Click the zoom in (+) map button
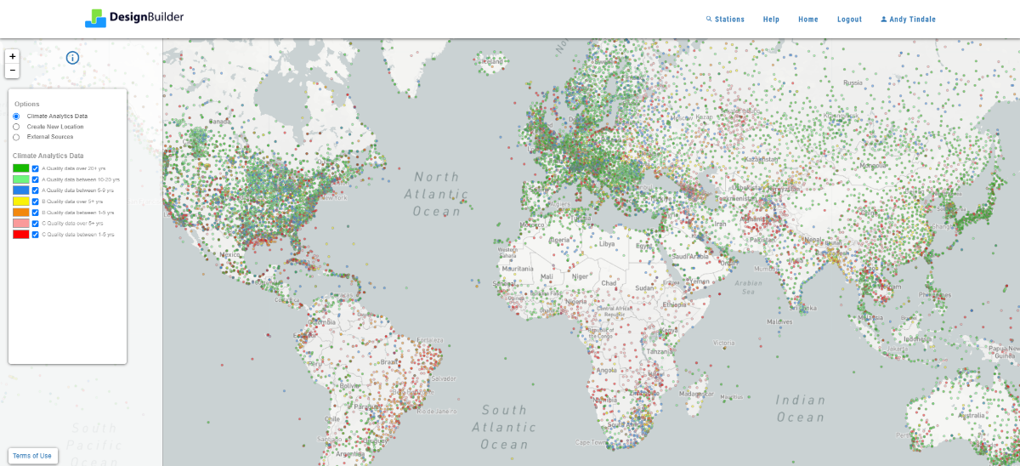click(13, 56)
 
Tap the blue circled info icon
click(72, 58)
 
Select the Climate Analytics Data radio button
click(16, 116)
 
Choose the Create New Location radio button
click(16, 127)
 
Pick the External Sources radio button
click(16, 137)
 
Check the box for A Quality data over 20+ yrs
click(36, 168)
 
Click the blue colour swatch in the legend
click(21, 190)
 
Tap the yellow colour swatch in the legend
click(21, 202)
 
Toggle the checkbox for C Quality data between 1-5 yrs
click(36, 234)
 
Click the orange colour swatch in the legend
click(21, 213)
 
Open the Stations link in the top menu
click(725, 20)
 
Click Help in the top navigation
click(771, 20)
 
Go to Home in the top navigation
click(807, 20)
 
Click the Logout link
click(849, 20)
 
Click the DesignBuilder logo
click(134, 17)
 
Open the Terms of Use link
click(32, 456)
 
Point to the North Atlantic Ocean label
click(437, 194)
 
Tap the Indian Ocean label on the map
click(800, 408)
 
